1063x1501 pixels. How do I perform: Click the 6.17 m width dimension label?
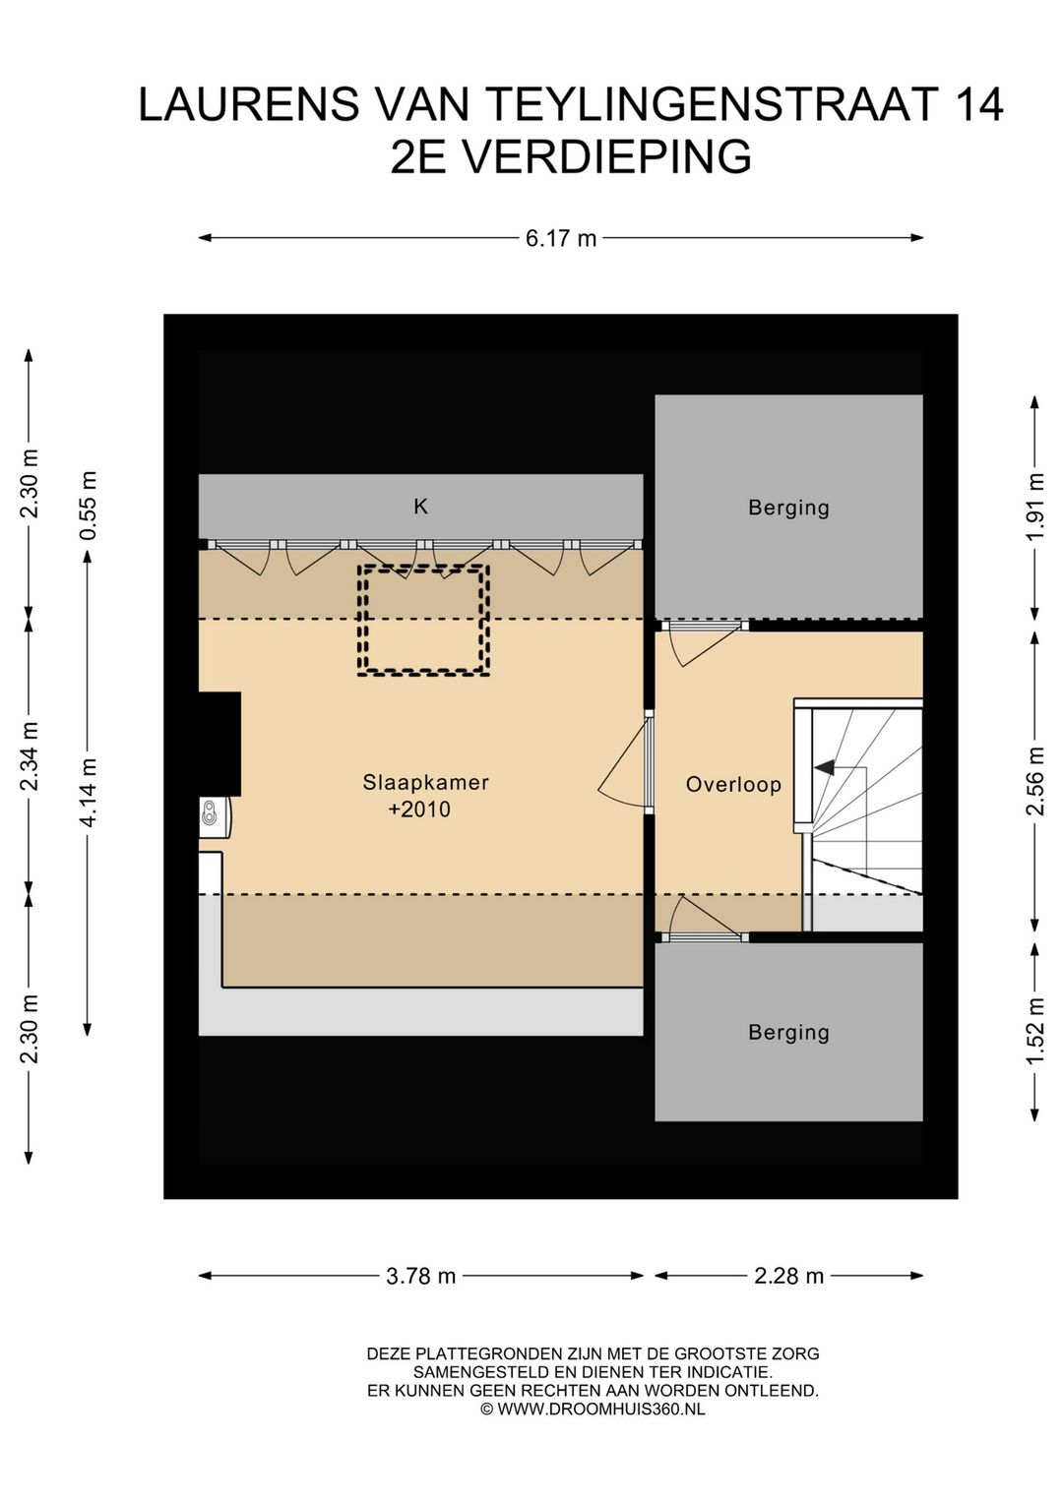(561, 238)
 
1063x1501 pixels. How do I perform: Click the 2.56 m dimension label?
(1036, 781)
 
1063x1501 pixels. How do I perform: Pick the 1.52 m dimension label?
(1036, 1032)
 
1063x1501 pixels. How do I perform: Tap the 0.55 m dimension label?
(89, 506)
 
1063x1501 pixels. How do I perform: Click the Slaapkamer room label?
(426, 782)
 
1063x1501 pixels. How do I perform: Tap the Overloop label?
(733, 785)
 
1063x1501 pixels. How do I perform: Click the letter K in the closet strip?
(420, 507)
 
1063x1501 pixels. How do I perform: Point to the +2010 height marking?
(419, 810)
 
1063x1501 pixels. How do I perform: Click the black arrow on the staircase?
(826, 767)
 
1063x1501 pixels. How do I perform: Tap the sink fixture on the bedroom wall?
(214, 815)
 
